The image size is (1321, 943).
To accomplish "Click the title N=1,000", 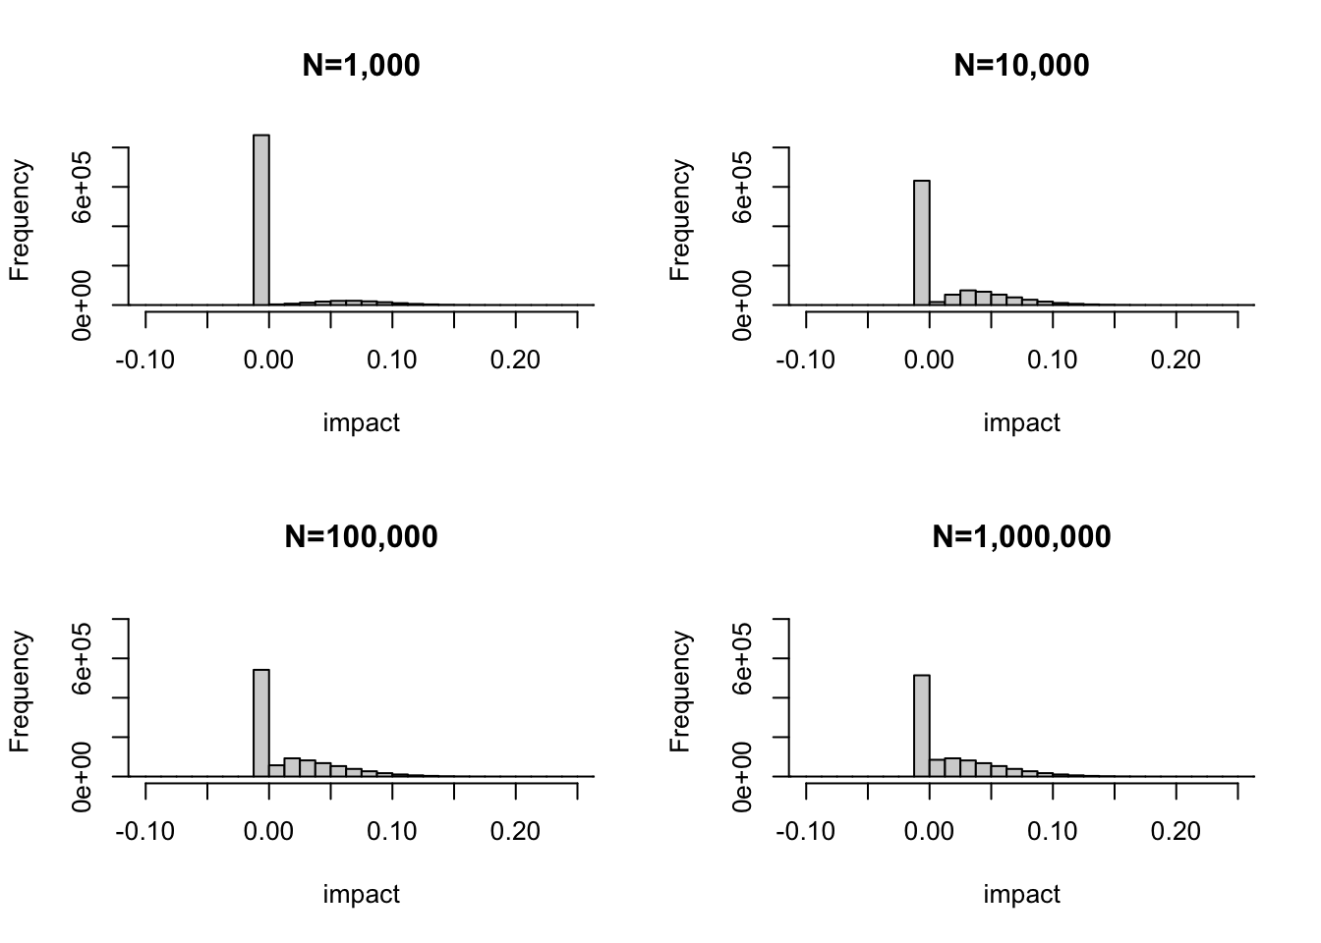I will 361,66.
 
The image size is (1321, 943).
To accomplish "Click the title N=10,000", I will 1021,66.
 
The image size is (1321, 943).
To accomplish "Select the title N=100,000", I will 361,537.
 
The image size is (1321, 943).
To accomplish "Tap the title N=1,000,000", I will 1021,537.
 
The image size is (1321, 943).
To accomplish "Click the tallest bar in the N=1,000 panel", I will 260,220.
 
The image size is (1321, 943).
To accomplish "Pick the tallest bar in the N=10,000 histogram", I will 921,243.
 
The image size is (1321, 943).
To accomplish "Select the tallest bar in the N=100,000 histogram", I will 260,723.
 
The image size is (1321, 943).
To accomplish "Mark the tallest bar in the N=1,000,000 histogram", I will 921,725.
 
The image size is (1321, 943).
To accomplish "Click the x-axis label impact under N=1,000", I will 361,422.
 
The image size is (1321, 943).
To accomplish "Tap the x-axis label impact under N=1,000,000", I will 1021,894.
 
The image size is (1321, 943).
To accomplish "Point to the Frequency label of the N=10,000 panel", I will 679,220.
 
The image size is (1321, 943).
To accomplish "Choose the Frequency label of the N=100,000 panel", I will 19,692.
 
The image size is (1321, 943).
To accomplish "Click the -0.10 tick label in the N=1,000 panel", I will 144,361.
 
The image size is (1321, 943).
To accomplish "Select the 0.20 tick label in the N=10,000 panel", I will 1176,361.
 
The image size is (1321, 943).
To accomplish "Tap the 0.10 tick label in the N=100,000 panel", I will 392,832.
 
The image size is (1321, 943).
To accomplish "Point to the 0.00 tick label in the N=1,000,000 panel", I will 929,832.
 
